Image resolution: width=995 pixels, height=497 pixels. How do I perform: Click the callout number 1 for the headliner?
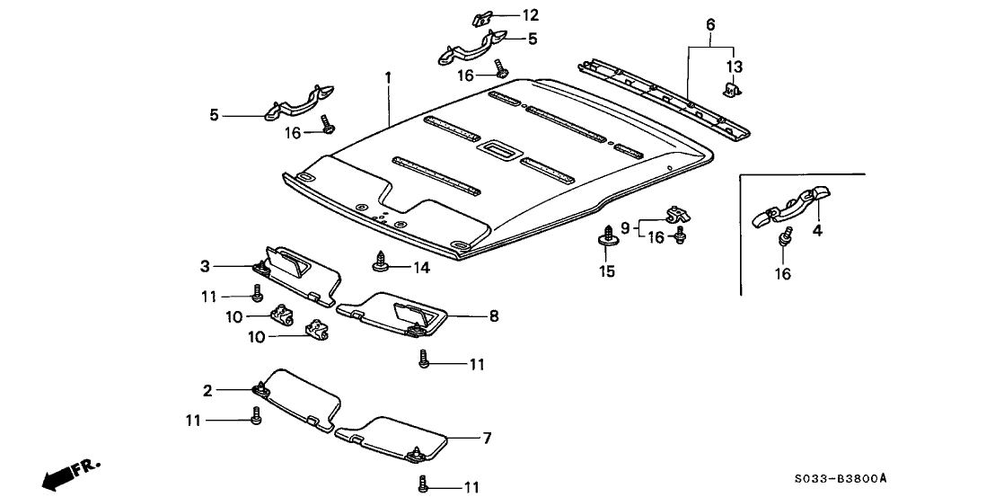click(x=388, y=78)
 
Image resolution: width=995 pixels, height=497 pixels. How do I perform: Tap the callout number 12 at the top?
click(x=531, y=14)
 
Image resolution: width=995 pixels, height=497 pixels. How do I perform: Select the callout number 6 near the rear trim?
click(x=710, y=25)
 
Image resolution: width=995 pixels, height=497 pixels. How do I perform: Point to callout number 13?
click(x=735, y=67)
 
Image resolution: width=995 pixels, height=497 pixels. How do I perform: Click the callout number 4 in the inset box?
click(x=817, y=230)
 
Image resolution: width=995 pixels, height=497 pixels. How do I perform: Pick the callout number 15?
click(x=607, y=271)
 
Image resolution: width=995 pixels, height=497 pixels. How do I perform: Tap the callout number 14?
click(x=421, y=267)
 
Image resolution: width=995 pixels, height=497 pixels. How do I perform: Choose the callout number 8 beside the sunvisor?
click(x=494, y=316)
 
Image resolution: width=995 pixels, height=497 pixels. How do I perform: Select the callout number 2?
click(x=207, y=390)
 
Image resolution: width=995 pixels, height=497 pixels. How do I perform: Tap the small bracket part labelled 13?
click(x=731, y=90)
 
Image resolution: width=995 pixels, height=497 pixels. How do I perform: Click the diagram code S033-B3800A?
click(x=846, y=478)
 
